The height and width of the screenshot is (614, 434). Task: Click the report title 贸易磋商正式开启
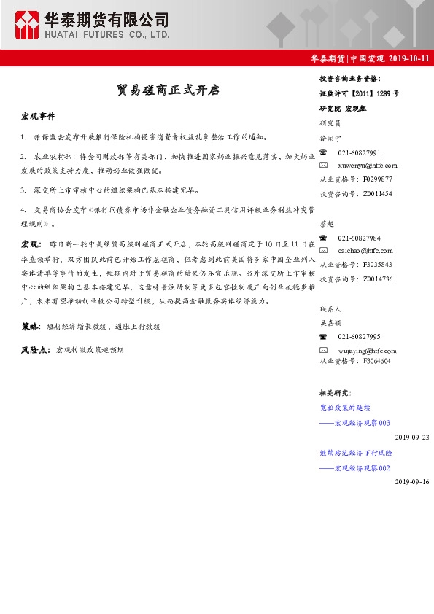(168, 90)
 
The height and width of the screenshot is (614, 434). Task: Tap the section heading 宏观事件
(38, 117)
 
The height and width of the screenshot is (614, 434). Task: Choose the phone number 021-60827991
(359, 152)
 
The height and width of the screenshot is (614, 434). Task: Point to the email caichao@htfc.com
(360, 252)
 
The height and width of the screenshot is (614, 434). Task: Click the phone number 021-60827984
(359, 238)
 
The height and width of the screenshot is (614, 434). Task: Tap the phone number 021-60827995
(359, 336)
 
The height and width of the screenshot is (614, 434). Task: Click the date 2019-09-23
(412, 437)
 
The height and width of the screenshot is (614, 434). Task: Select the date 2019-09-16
(412, 482)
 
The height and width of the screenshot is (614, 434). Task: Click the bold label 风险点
(35, 350)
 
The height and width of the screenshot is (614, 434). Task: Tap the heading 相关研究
(335, 394)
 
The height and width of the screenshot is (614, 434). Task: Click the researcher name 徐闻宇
(330, 137)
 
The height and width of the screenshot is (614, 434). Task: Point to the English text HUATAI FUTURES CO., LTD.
(106, 34)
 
